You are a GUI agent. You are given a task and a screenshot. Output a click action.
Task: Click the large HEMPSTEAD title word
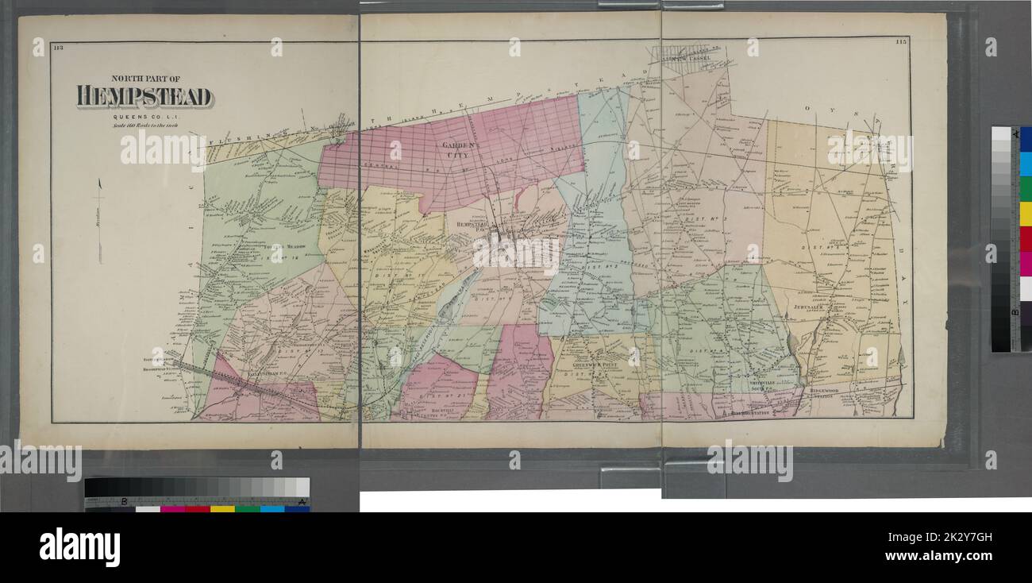click(144, 97)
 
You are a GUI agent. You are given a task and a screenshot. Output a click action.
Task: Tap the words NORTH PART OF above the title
click(145, 79)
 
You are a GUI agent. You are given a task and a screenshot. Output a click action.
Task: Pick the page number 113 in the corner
click(58, 48)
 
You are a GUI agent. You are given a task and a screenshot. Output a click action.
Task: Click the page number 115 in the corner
click(901, 41)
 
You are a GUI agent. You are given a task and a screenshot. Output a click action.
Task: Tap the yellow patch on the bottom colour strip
click(222, 508)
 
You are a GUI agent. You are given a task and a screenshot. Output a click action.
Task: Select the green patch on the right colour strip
click(1025, 189)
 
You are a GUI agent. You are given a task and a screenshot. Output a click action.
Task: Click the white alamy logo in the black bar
click(79, 547)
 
